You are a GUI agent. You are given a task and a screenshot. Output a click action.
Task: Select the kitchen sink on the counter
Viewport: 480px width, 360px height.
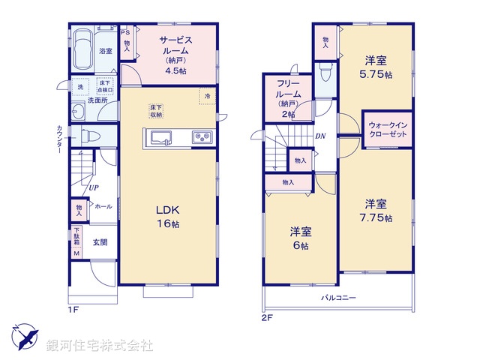pos(161,137)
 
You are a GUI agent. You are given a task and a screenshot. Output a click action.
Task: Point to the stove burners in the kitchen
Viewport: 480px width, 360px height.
pos(202,137)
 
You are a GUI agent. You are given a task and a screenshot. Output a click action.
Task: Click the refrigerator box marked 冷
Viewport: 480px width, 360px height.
pos(205,96)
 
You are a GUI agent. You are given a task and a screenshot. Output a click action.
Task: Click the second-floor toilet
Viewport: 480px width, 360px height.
pos(325,73)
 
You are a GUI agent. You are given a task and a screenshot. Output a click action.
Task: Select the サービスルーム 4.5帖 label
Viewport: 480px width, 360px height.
pos(175,54)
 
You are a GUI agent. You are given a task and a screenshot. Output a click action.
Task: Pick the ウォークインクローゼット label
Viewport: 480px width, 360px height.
pos(388,128)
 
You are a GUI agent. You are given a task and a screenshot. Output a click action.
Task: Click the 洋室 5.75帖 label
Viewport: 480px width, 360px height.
pos(375,67)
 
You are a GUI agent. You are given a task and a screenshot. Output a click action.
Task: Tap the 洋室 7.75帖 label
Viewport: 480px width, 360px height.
pos(375,209)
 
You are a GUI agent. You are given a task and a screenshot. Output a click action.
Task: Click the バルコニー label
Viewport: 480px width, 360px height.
pos(338,298)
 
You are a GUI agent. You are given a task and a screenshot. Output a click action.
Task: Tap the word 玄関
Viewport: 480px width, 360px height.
pos(100,242)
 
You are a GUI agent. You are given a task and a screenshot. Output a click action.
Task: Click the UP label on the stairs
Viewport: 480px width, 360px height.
pos(94,188)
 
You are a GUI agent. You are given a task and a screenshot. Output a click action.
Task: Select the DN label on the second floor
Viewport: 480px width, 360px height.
pos(320,136)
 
